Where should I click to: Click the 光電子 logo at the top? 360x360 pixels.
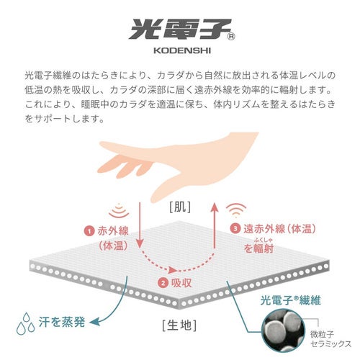pyautogui.click(x=180, y=29)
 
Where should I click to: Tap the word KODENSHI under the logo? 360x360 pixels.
pyautogui.click(x=182, y=50)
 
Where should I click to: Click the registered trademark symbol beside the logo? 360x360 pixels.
pyautogui.click(x=231, y=37)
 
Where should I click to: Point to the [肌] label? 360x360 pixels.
pyautogui.click(x=180, y=207)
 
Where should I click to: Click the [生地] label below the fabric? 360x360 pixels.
pyautogui.click(x=179, y=325)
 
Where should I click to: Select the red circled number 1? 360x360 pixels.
pyautogui.click(x=89, y=231)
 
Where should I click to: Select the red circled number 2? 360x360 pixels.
pyautogui.click(x=163, y=283)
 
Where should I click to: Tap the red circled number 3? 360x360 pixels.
pyautogui.click(x=235, y=228)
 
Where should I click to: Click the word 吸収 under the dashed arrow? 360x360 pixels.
pyautogui.click(x=181, y=283)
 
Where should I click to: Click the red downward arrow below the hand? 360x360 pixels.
pyautogui.click(x=140, y=225)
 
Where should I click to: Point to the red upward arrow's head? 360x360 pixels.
pyautogui.click(x=215, y=207)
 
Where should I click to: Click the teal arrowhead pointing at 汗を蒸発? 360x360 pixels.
pyautogui.click(x=94, y=322)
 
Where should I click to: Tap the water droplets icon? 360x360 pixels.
pyautogui.click(x=25, y=323)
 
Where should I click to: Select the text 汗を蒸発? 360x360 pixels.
pyautogui.click(x=62, y=322)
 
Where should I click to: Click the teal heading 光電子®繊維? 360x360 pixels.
pyautogui.click(x=290, y=300)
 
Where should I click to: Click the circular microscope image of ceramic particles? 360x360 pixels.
pyautogui.click(x=284, y=330)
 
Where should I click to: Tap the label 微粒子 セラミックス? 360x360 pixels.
pyautogui.click(x=330, y=338)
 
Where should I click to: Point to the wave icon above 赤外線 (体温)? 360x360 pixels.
pyautogui.click(x=119, y=210)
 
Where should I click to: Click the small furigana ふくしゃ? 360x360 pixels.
pyautogui.click(x=264, y=240)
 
